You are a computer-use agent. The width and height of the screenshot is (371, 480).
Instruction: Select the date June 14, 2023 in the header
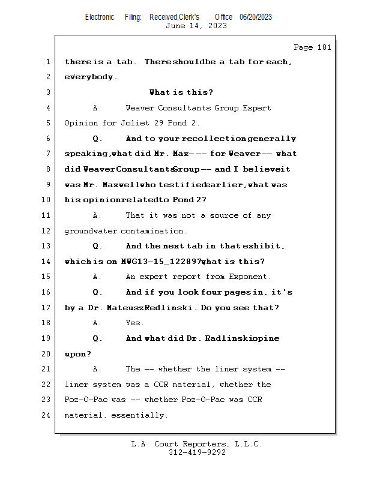click(196, 26)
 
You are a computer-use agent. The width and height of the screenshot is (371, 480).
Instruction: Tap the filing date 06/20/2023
click(256, 17)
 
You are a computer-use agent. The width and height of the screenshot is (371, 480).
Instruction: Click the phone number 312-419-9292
click(196, 453)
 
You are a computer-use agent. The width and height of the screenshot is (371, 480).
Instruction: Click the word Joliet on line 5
click(122, 123)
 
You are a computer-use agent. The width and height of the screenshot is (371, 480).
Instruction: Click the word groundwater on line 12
click(91, 231)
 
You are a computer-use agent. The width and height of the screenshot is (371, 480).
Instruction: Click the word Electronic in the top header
click(100, 17)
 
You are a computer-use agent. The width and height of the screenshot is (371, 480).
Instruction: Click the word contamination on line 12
click(154, 231)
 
